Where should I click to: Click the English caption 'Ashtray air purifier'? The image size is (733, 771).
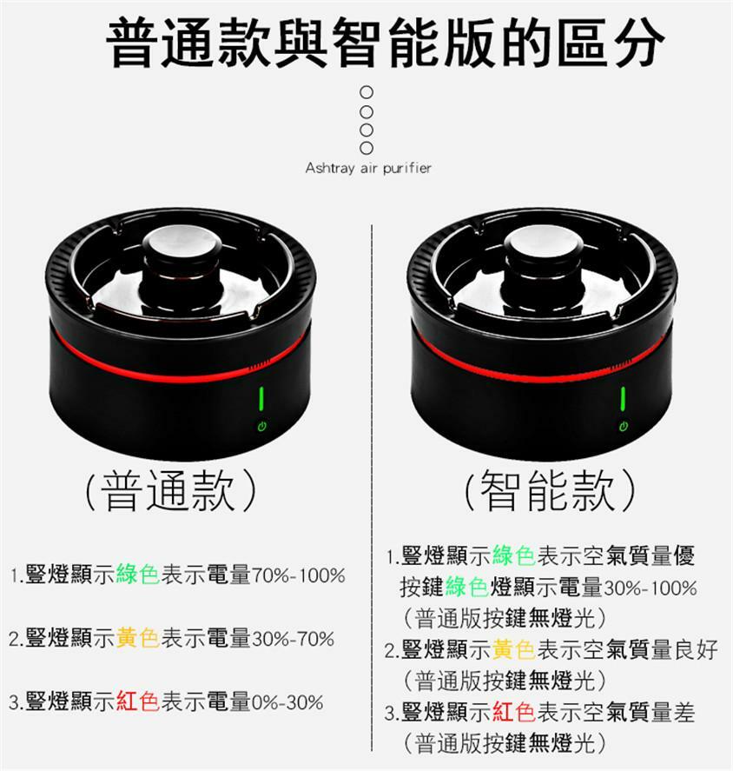[368, 168]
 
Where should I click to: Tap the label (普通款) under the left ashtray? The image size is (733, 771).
[170, 489]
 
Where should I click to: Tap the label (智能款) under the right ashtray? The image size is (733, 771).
[550, 489]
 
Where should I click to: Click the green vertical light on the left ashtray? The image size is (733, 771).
[261, 399]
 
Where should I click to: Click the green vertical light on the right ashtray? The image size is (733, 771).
[623, 399]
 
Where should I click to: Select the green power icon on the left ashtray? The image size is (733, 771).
[262, 426]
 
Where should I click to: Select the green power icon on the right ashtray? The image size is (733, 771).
[624, 426]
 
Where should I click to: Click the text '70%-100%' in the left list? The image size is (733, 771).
[299, 575]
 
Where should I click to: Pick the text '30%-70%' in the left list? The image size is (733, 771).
[293, 639]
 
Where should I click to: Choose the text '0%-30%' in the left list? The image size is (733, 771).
[287, 702]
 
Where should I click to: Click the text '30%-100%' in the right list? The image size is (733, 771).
[650, 588]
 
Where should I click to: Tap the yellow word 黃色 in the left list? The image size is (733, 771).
[138, 639]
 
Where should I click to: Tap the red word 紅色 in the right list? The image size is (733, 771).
[514, 713]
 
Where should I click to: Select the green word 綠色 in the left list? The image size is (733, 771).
[138, 575]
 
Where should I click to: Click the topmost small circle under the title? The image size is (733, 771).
[366, 92]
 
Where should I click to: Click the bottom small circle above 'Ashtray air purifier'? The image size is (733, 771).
[366, 148]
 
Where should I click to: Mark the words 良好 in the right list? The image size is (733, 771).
[697, 650]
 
